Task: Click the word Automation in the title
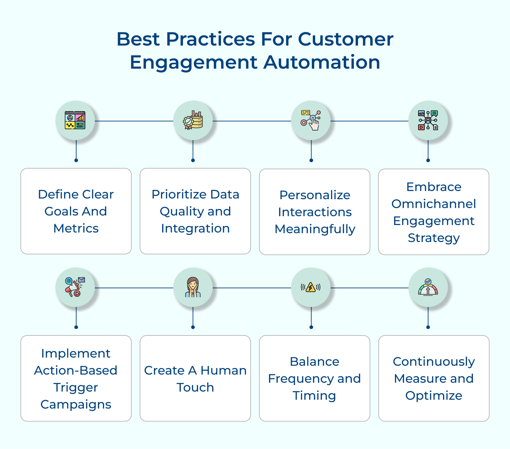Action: [322, 62]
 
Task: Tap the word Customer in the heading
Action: [345, 39]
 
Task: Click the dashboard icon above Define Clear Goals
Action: [75, 120]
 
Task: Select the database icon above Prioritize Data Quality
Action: [193, 120]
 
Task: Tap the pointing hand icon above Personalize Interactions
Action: [311, 120]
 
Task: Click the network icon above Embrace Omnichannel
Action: [428, 120]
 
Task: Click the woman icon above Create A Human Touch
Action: [193, 287]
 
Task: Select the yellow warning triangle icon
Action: [310, 288]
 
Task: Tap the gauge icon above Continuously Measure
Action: [428, 287]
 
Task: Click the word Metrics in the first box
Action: [76, 228]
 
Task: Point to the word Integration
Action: [195, 228]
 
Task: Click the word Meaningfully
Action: [315, 229]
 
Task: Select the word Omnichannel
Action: [434, 204]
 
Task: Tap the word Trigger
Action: [75, 387]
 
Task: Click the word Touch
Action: [195, 387]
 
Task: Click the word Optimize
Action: [434, 396]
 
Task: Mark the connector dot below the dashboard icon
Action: [76, 160]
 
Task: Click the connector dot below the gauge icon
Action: [428, 327]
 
